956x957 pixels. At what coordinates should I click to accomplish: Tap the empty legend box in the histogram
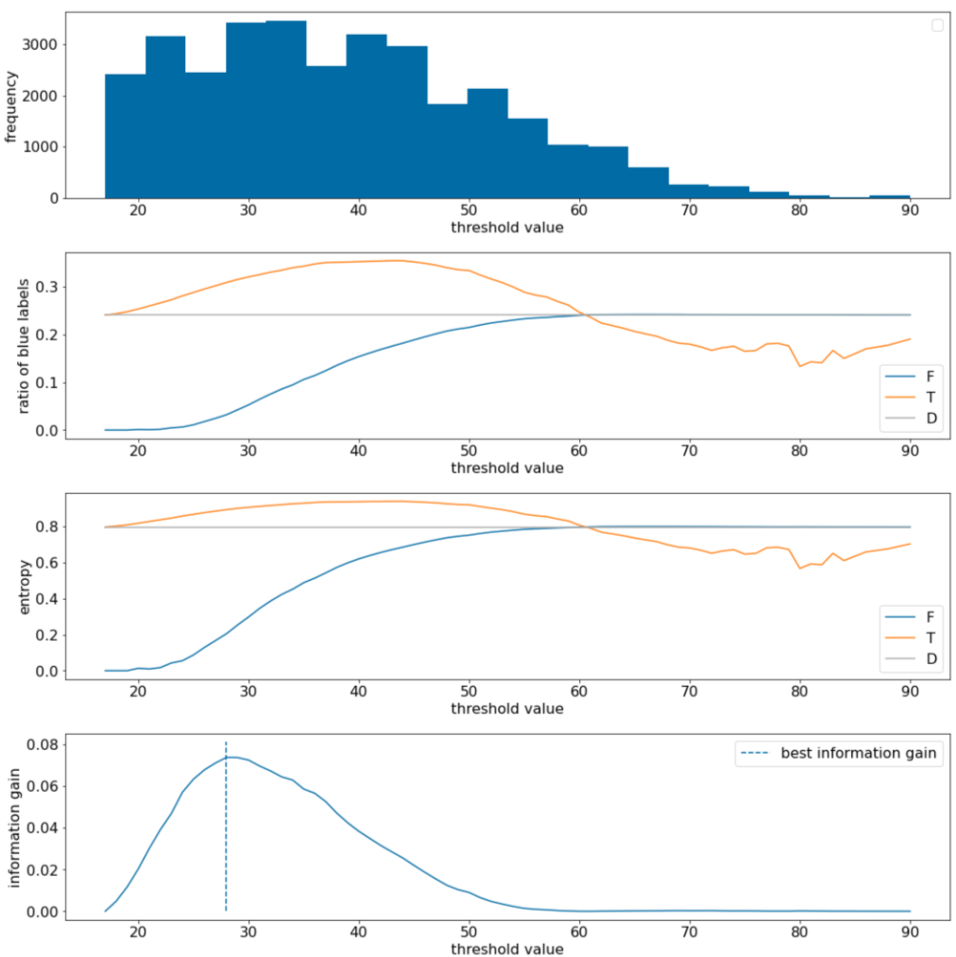[937, 26]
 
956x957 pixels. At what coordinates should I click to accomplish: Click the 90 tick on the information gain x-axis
[910, 930]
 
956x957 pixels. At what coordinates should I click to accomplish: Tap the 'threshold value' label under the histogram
[507, 227]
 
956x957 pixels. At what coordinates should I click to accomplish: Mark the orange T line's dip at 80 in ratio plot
[800, 366]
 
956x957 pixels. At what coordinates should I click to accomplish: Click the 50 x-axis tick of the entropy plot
[469, 690]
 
